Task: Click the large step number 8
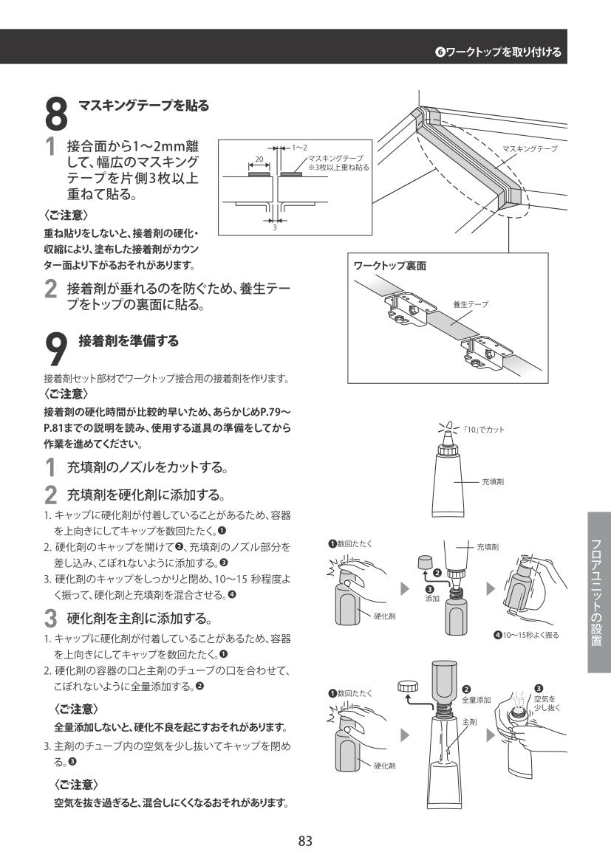(x=55, y=114)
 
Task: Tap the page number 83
(x=305, y=840)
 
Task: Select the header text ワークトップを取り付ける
(x=504, y=52)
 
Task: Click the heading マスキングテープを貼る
(x=144, y=105)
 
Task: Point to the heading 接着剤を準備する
(x=129, y=340)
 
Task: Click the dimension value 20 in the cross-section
(x=259, y=159)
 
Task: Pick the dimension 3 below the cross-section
(x=274, y=227)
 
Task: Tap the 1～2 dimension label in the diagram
(x=299, y=148)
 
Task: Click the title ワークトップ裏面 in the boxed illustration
(x=390, y=266)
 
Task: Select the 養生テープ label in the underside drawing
(x=471, y=304)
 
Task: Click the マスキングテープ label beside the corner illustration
(x=530, y=148)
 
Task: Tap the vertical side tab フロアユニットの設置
(x=597, y=592)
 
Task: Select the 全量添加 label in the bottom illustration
(x=476, y=700)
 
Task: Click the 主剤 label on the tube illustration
(x=469, y=721)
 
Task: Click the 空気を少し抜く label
(x=547, y=703)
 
